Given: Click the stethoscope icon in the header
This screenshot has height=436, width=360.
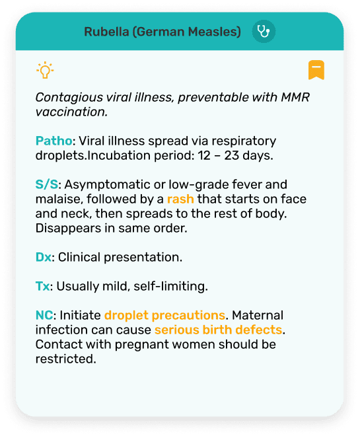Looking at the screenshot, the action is tap(264, 32).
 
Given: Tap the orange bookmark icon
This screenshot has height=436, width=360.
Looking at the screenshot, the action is tap(316, 70).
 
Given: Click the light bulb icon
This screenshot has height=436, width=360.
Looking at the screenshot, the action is tap(45, 69).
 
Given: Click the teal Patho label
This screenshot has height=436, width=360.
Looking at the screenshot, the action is tap(54, 141).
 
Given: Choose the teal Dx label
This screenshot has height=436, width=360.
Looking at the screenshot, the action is tap(43, 256).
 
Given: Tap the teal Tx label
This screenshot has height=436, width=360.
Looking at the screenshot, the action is tap(42, 286).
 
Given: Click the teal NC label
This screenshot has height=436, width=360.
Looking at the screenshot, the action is tap(45, 315).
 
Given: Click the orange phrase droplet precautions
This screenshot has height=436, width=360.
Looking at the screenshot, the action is tap(165, 315).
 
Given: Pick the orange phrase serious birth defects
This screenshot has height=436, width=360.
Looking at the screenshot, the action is tap(218, 330).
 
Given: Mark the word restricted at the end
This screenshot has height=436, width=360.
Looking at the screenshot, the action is tap(66, 359).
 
